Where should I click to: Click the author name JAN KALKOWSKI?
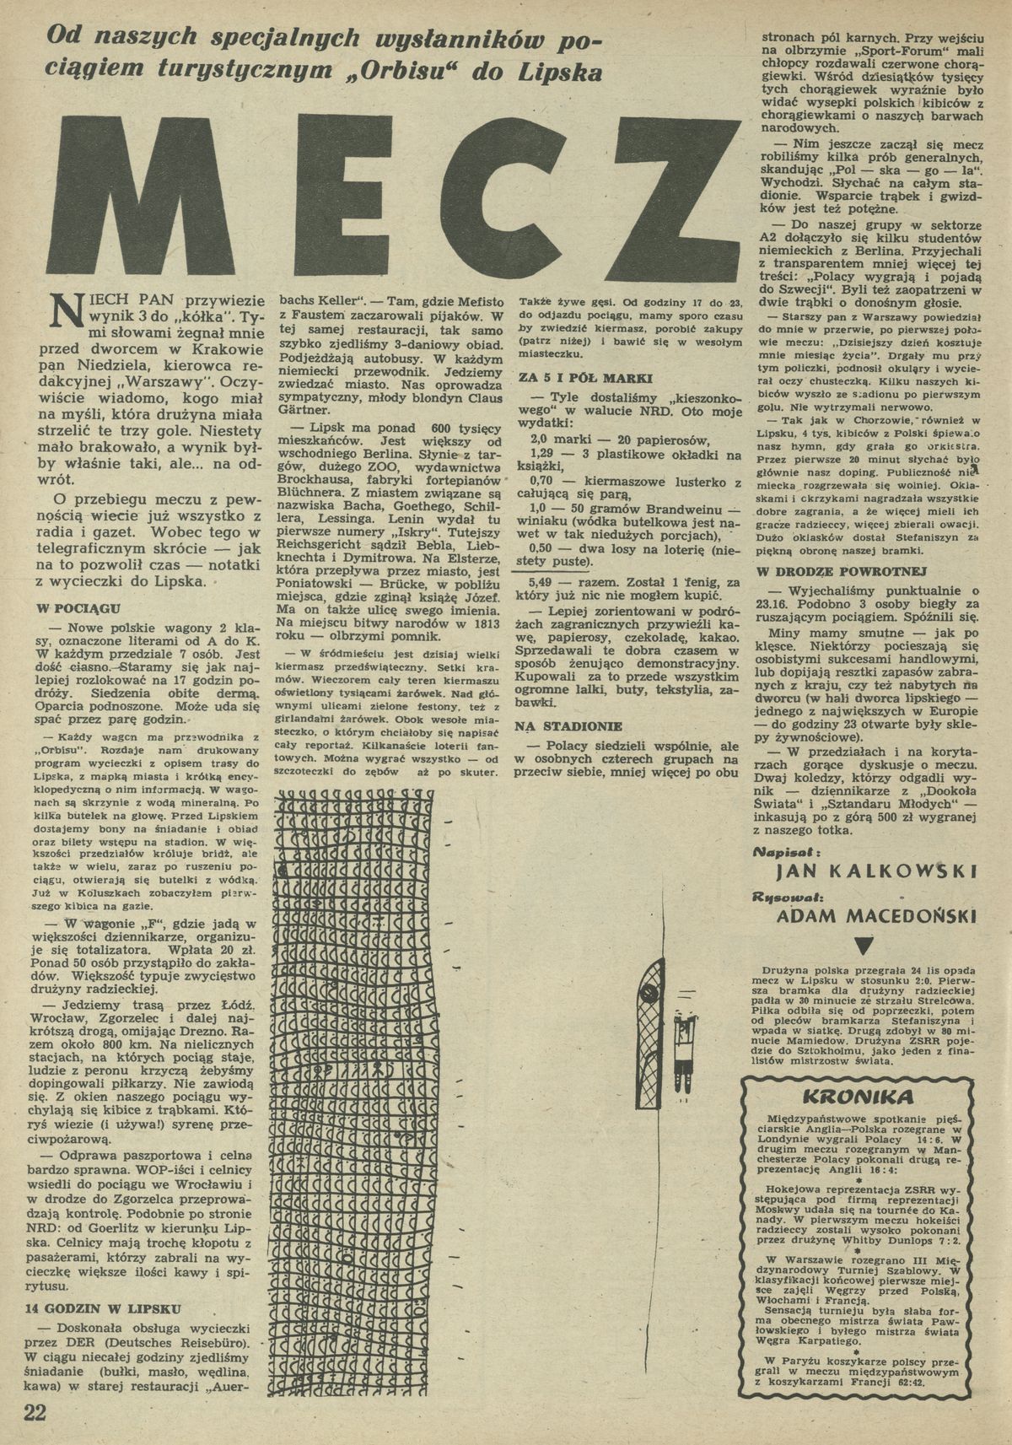tap(865, 870)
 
